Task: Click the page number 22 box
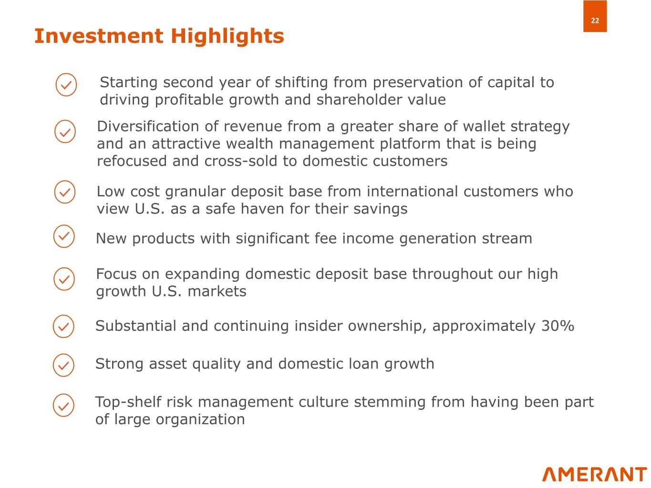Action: [x=595, y=16]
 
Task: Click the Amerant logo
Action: [x=594, y=475]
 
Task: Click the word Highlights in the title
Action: [x=227, y=37]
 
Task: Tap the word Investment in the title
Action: [x=99, y=36]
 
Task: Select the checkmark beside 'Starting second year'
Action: [x=66, y=85]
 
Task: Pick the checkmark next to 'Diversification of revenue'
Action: [x=65, y=132]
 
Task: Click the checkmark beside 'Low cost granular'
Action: [x=65, y=192]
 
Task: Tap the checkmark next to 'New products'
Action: [x=64, y=236]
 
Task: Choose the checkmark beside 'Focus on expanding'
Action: [x=64, y=279]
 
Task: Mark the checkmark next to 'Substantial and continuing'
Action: [x=63, y=326]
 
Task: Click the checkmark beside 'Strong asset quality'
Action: [x=63, y=365]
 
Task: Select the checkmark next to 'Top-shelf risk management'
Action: [x=63, y=405]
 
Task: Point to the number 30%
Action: [x=558, y=325]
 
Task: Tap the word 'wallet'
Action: [x=484, y=126]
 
